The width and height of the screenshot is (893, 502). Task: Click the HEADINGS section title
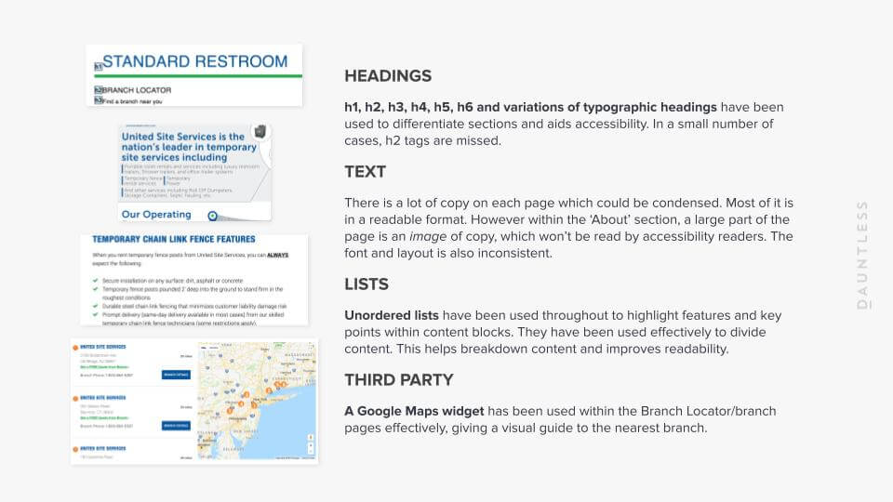[388, 76]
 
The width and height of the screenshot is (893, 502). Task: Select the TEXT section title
[365, 172]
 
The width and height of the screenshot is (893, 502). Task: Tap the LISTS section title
[367, 284]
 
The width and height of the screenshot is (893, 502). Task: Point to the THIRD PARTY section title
[399, 379]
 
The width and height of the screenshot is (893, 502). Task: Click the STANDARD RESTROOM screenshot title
[194, 61]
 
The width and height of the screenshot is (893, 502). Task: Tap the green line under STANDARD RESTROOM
[197, 76]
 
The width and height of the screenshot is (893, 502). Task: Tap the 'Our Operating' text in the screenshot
[157, 214]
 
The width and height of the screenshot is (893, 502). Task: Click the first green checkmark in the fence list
[96, 279]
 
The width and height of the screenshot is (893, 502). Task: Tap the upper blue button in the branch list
[176, 375]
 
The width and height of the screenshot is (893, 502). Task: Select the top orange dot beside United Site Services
[75, 347]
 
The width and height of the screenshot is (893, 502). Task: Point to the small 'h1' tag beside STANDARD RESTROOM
[98, 67]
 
